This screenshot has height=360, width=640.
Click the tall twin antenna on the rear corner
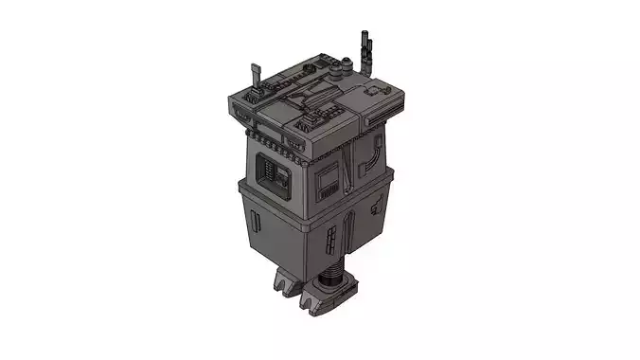pyautogui.click(x=366, y=46)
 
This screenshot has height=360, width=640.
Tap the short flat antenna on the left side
pyautogui.click(x=253, y=76)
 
